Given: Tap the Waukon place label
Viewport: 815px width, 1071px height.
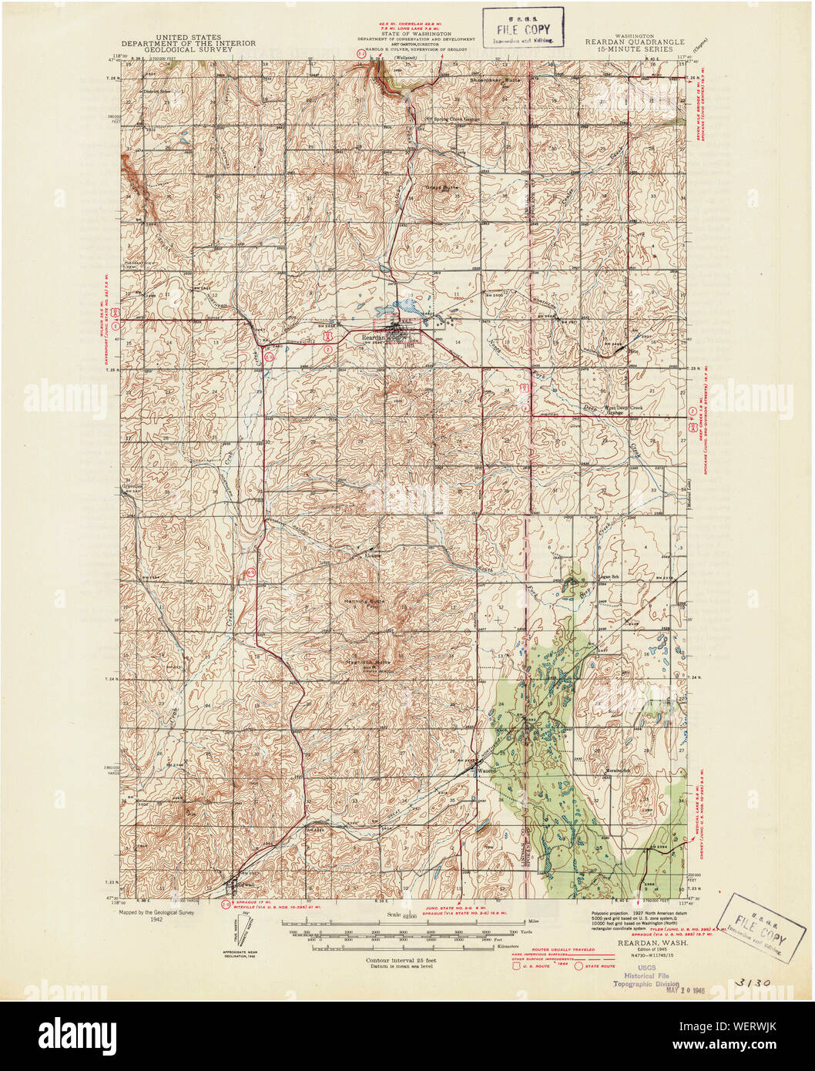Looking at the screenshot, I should point(486,770).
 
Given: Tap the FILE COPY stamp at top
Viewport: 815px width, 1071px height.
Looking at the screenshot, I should point(523,28).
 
